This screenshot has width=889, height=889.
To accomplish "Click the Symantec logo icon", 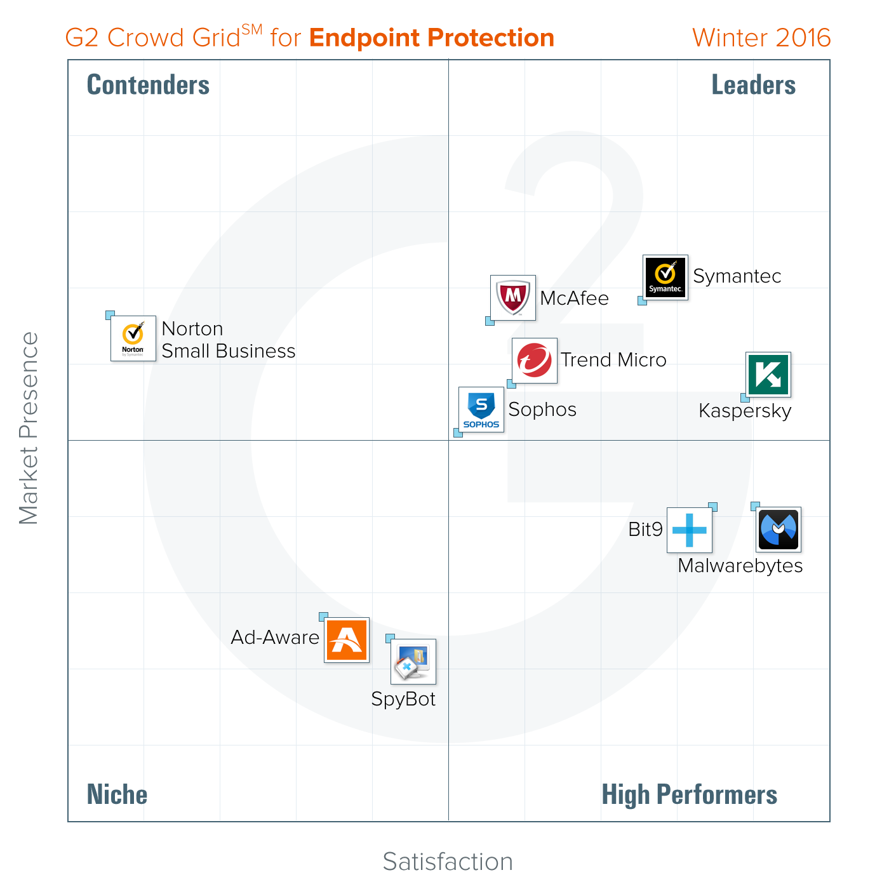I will tap(665, 277).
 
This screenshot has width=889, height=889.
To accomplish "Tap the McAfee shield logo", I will tap(513, 298).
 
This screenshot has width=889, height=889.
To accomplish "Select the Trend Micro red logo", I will tap(535, 361).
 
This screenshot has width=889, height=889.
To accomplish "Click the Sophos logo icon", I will tap(481, 410).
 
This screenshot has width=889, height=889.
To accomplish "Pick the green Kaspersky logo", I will tap(768, 375).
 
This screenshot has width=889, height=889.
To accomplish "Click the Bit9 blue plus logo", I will tap(690, 530).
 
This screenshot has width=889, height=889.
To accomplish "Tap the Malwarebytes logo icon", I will tap(779, 530).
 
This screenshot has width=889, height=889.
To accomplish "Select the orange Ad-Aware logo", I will tap(347, 640).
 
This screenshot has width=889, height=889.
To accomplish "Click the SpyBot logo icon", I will tap(413, 662).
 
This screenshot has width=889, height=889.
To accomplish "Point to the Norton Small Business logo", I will tap(133, 338).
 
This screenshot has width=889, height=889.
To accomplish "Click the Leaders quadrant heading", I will tap(753, 85).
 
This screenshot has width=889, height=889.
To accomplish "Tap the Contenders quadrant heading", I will tap(148, 85).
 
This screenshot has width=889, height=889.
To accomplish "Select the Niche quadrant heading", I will tap(117, 795).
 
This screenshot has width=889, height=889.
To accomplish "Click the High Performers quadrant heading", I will tap(689, 795).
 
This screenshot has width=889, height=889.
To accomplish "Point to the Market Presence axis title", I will tap(29, 428).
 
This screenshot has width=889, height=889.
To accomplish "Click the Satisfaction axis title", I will tap(448, 862).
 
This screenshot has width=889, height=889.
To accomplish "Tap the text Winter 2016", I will tap(761, 38).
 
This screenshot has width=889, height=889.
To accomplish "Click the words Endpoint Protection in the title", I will tap(432, 38).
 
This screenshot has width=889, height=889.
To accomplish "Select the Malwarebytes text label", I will tap(740, 566).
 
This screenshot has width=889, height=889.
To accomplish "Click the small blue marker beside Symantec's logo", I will tap(642, 301).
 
